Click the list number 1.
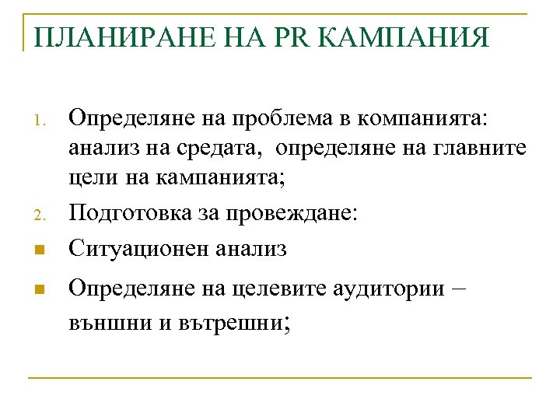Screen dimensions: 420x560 tap(44, 121)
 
